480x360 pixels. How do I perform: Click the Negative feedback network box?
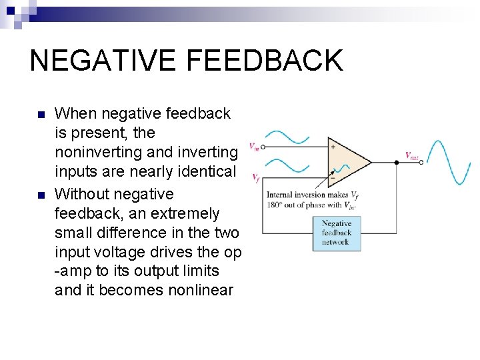(337, 233)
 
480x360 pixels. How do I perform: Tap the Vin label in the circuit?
(254, 146)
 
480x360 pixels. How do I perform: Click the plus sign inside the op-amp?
(333, 146)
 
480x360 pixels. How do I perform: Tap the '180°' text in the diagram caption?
(275, 205)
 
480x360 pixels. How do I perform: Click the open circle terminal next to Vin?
(263, 146)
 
